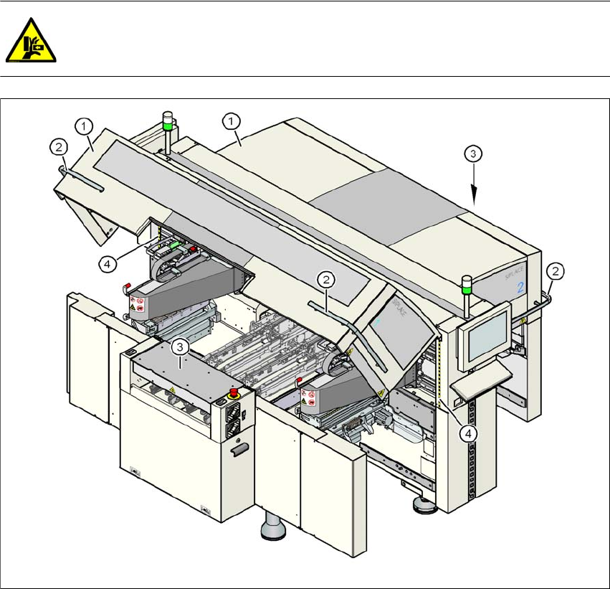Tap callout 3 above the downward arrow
pyautogui.click(x=472, y=153)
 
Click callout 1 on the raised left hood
pyautogui.click(x=85, y=126)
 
